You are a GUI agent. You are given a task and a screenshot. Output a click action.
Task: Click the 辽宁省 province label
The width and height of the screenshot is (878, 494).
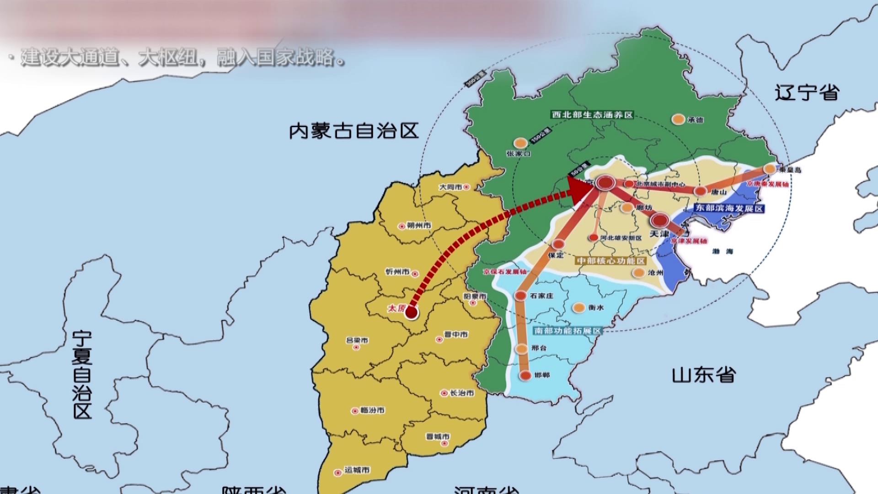click(807, 93)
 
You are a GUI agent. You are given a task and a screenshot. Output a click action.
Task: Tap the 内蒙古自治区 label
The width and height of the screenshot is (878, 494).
click(354, 131)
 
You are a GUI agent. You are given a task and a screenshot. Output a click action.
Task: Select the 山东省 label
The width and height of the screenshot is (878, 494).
click(704, 375)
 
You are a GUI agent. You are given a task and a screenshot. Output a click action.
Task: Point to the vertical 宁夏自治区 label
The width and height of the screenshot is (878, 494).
click(82, 375)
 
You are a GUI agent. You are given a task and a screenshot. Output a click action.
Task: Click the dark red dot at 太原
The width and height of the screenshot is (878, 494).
click(411, 313)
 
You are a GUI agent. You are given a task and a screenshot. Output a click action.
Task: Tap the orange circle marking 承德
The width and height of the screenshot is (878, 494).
click(678, 119)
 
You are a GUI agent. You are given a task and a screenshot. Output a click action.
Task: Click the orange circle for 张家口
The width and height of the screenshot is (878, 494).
click(520, 143)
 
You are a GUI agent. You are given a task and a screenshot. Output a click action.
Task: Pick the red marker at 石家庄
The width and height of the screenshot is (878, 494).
click(520, 296)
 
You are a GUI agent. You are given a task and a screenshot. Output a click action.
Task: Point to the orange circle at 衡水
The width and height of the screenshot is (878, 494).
click(579, 308)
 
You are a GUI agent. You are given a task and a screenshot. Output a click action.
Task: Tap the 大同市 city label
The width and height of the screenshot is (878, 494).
click(451, 187)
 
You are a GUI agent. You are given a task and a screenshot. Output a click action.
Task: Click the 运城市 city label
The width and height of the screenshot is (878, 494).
click(357, 470)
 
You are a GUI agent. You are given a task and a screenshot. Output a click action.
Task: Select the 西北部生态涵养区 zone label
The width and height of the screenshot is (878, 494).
click(592, 114)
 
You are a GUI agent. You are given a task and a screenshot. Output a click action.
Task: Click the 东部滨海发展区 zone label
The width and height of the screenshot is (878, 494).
click(729, 208)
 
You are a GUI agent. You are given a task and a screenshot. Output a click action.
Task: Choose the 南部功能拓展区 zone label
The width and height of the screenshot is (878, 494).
click(567, 331)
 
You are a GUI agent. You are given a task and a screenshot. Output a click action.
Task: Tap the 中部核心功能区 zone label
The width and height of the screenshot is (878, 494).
click(611, 261)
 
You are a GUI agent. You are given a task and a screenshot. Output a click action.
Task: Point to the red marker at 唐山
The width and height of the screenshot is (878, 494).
click(700, 191)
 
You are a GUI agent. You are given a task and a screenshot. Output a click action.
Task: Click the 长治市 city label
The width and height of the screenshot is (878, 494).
click(462, 393)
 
